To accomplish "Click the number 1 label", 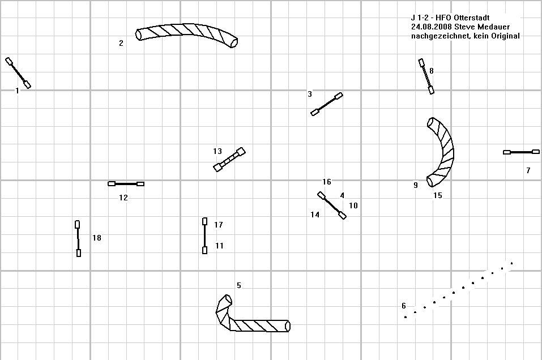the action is click(x=18, y=91).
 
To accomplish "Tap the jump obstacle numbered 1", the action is click(x=18, y=73).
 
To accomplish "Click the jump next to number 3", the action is click(x=327, y=104).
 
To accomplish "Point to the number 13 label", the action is click(x=217, y=151).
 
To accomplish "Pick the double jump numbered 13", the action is click(x=229, y=160).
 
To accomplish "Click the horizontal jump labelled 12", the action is click(x=126, y=184).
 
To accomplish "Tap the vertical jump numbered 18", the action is click(x=78, y=239).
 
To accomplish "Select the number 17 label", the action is click(x=219, y=225).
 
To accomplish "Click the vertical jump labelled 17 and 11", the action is click(x=204, y=236).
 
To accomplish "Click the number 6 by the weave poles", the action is click(x=404, y=306).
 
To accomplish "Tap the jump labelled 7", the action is click(x=521, y=152).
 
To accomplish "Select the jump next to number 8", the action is click(x=426, y=76).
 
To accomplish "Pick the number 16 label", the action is click(x=327, y=182).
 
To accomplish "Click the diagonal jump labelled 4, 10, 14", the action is click(x=332, y=205).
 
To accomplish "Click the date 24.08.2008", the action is click(x=432, y=27).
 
